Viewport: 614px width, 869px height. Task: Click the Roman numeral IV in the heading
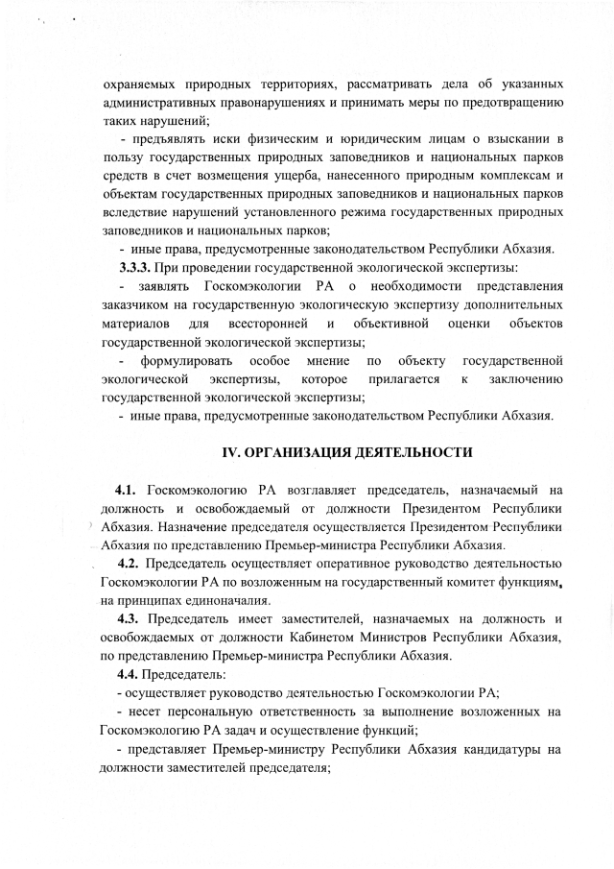[231, 450]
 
